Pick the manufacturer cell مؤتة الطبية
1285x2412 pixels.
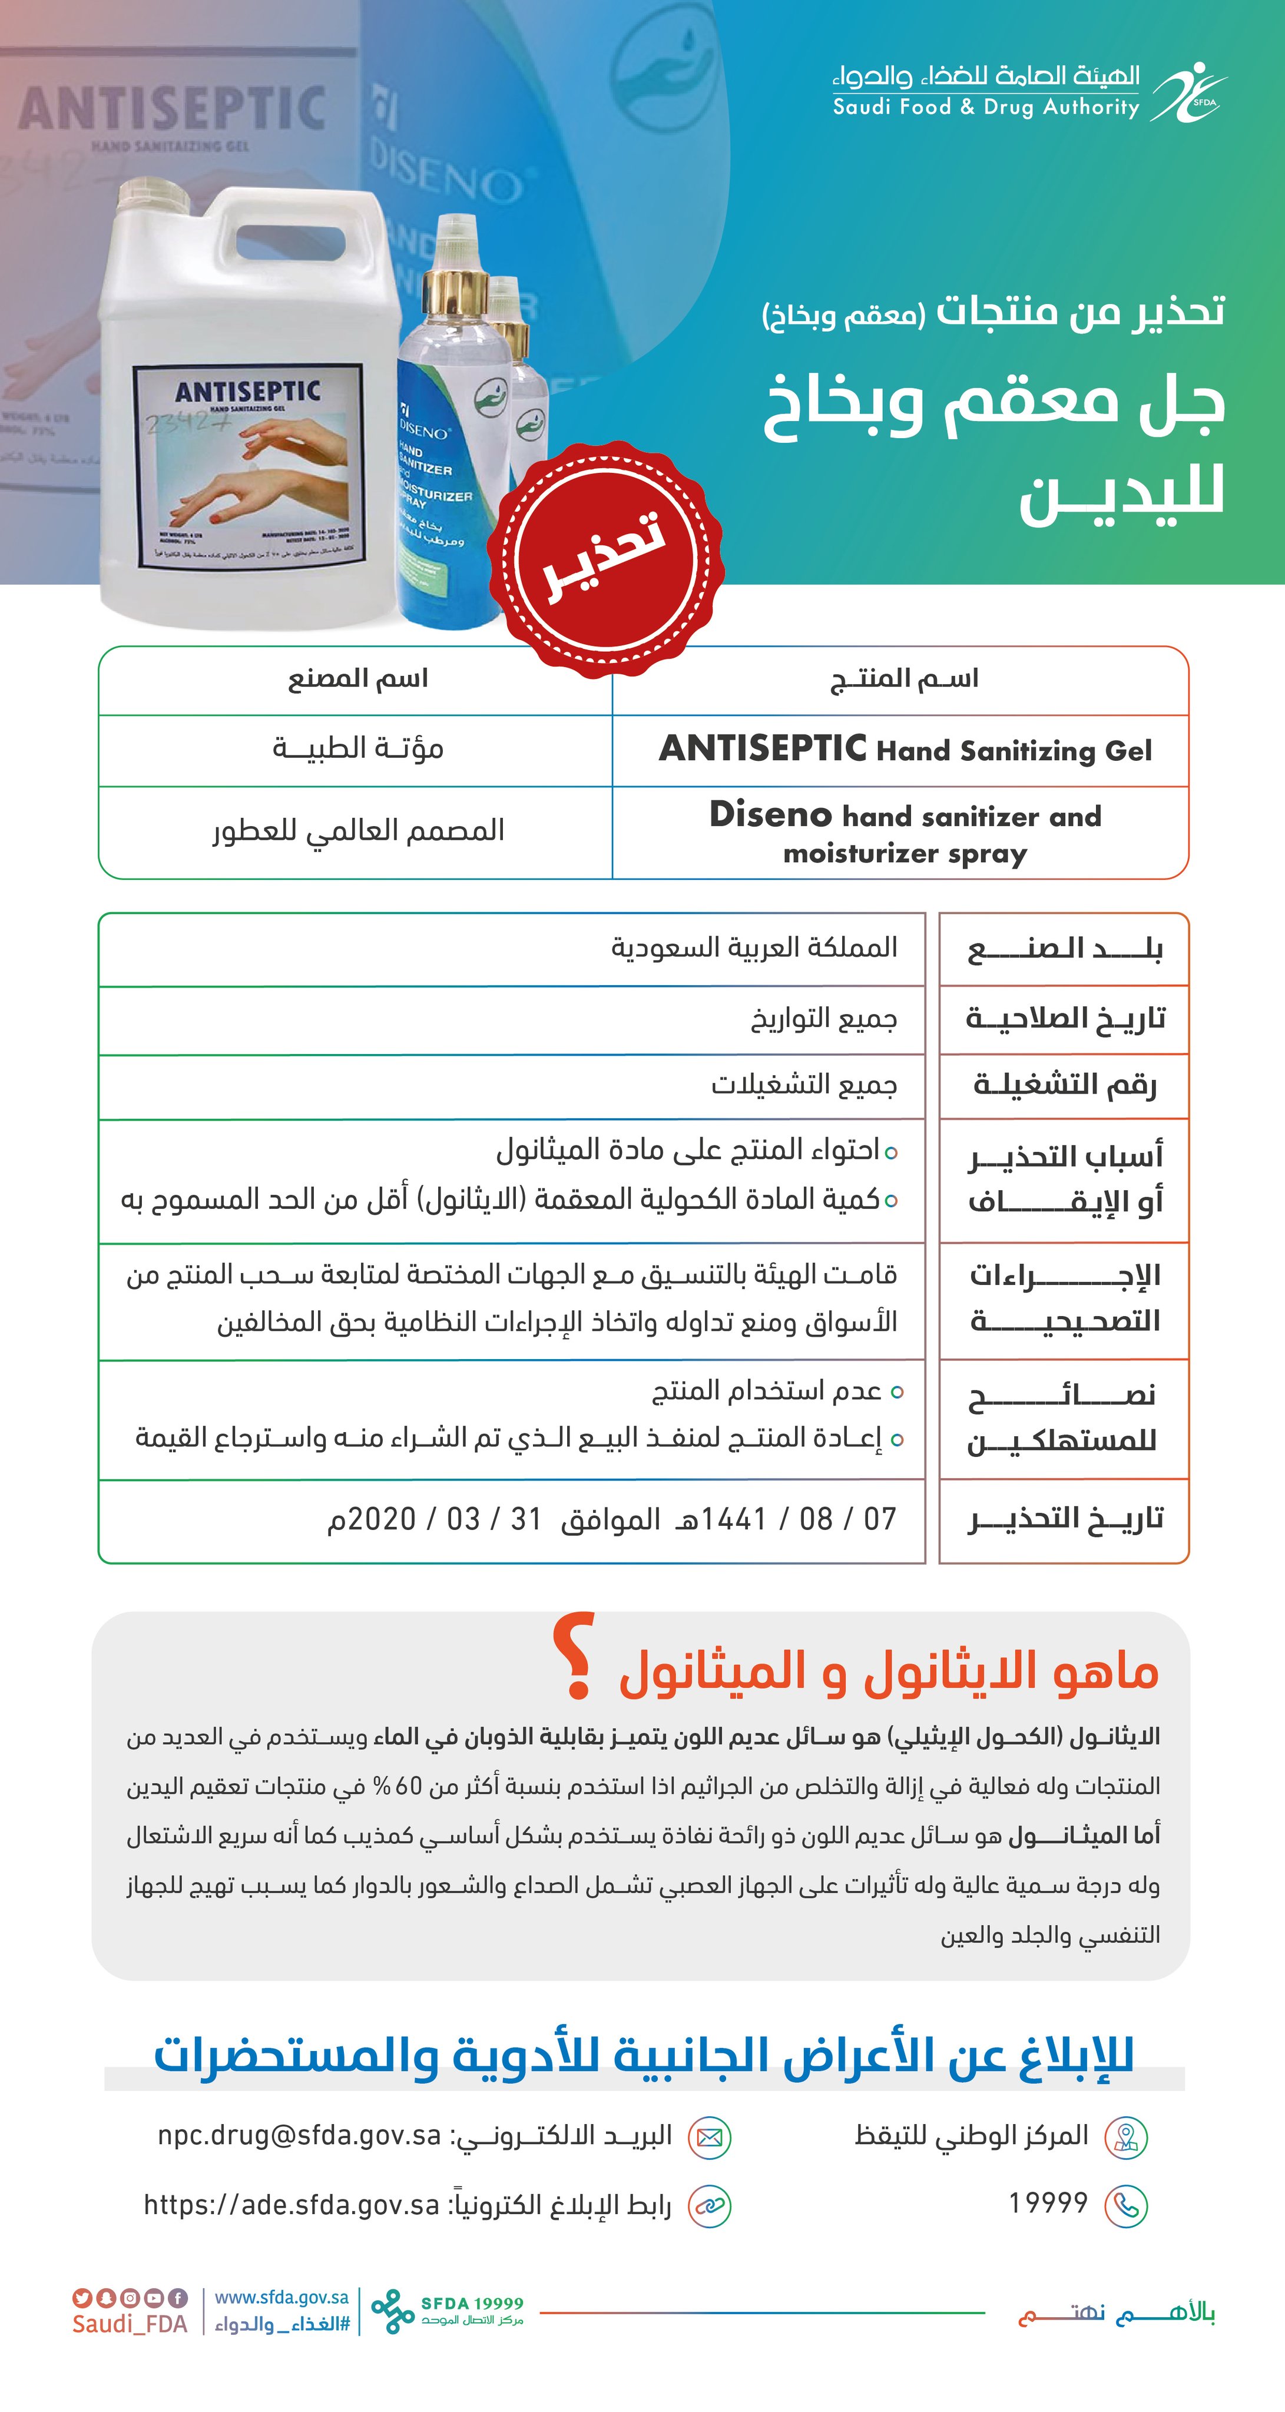(x=358, y=749)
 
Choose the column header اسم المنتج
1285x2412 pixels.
(x=904, y=679)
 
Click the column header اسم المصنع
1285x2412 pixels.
(x=358, y=679)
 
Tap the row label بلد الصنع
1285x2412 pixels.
(x=1065, y=949)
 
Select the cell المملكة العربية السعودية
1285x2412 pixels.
(x=754, y=947)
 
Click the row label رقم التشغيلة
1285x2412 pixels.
(x=1065, y=1085)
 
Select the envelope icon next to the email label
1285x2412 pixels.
(x=709, y=2138)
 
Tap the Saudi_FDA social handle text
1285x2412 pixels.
(x=130, y=2324)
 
